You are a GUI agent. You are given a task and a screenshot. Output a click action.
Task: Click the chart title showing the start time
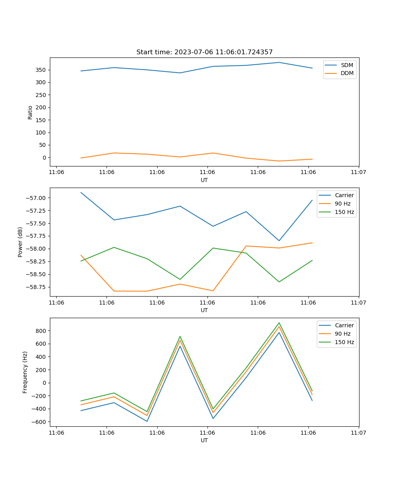204,52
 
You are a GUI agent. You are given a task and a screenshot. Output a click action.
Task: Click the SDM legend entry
346,65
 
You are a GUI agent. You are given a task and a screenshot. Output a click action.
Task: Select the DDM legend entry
347,73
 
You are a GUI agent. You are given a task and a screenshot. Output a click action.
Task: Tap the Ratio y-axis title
30,112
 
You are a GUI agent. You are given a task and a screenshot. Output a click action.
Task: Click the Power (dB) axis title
20,242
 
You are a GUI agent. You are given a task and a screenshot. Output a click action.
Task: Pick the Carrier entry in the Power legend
344,195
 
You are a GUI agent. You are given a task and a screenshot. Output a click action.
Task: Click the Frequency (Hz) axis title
25,372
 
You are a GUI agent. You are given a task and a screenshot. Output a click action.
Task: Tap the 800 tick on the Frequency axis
41,331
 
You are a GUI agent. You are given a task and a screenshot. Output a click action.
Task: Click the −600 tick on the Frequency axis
40,422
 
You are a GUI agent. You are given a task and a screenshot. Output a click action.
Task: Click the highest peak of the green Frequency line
279,323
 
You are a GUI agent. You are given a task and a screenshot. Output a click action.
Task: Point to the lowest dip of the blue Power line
279,241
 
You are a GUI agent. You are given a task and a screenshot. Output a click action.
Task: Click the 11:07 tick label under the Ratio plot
358,172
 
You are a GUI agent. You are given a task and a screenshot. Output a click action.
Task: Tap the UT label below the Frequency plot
204,440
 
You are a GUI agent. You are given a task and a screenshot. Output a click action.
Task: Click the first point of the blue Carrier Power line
81,192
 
